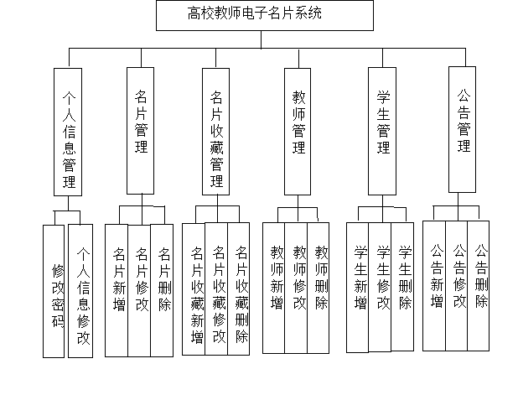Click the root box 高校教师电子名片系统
265,16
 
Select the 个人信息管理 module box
68,132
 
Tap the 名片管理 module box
141,131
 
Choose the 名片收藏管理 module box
215,132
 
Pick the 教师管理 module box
298,132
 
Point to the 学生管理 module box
382,131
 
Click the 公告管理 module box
462,130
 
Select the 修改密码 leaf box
54,291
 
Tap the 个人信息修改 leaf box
80,291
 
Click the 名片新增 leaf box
117,290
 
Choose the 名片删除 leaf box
162,290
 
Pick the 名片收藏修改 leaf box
216,288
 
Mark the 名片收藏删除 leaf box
239,288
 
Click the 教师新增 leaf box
274,288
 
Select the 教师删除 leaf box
319,288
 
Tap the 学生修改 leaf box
380,288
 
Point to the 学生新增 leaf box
357,288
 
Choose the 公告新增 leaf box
434,286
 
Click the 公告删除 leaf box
479,286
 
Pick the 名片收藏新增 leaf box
194,289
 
